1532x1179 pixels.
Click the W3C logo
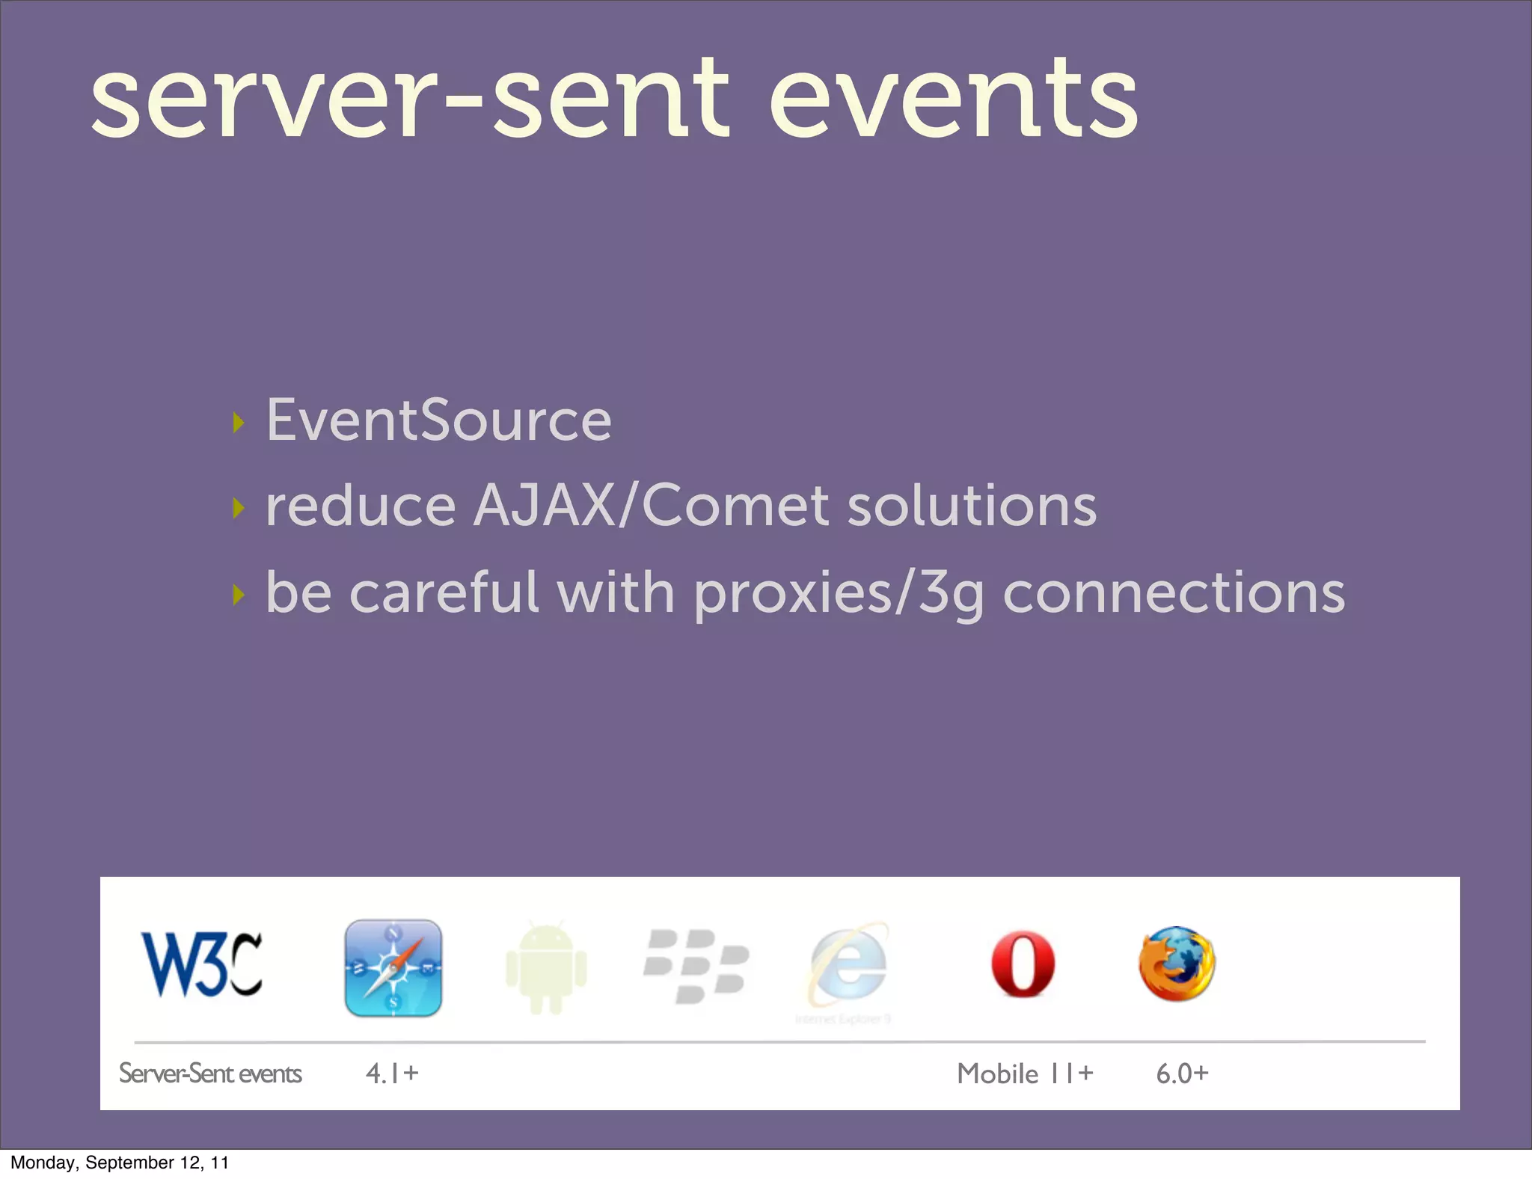tap(202, 965)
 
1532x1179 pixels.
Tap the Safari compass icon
tap(393, 968)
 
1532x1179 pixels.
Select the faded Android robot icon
tap(546, 968)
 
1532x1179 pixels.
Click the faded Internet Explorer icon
tap(848, 967)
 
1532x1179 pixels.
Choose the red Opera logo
tap(1023, 964)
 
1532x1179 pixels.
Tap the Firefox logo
tap(1177, 964)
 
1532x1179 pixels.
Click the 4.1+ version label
tap(392, 1074)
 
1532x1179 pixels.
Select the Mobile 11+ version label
tap(1025, 1074)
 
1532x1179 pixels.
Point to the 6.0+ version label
tap(1182, 1074)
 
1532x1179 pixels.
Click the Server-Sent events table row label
tap(210, 1074)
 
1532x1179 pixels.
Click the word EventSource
tap(439, 420)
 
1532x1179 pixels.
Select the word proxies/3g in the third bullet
tap(838, 593)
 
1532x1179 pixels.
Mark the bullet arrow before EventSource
tap(239, 423)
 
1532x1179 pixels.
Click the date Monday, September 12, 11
tap(120, 1163)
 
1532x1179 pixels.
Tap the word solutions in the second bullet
tap(972, 506)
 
